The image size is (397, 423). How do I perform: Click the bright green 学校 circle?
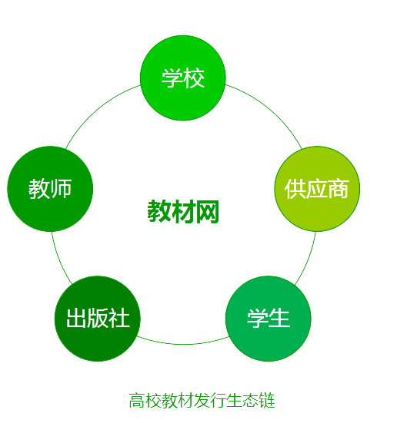click(x=183, y=78)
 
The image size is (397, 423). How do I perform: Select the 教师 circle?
click(x=50, y=189)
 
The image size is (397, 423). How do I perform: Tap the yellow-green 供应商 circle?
click(x=317, y=189)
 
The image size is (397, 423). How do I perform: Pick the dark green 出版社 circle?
click(x=98, y=319)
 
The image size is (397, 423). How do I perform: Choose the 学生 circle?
click(x=269, y=319)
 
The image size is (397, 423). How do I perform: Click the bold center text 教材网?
click(x=183, y=212)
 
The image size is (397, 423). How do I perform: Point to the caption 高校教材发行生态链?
click(x=202, y=400)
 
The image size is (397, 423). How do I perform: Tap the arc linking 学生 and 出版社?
click(x=183, y=344)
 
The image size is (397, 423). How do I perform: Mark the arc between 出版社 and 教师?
click(x=58, y=260)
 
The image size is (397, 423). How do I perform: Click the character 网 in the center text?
click(x=208, y=212)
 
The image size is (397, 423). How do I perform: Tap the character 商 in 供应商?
click(x=339, y=189)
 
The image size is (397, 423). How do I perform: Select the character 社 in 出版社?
click(x=119, y=319)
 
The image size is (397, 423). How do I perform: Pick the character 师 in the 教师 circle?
click(x=61, y=189)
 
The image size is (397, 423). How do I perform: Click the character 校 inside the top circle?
click(x=194, y=78)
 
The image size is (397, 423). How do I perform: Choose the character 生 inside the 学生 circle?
click(x=279, y=319)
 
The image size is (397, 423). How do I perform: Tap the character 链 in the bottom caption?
click(x=267, y=401)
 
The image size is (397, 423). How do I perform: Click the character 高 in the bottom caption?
click(x=137, y=401)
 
